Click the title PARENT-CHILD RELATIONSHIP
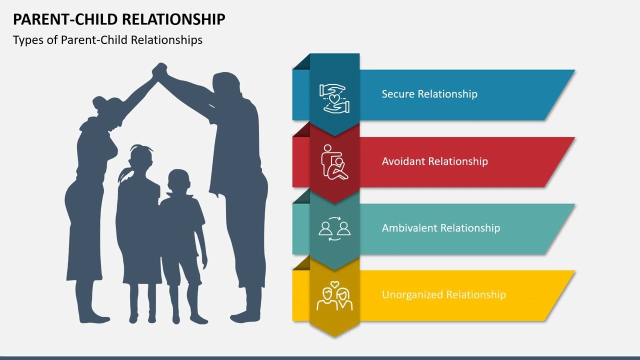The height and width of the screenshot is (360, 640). click(x=119, y=19)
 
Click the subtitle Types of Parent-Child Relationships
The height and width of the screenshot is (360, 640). click(x=107, y=40)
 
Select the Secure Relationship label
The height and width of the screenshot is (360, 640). click(x=429, y=94)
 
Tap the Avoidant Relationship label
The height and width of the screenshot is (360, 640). click(x=434, y=161)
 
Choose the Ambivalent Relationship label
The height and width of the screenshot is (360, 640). click(x=440, y=228)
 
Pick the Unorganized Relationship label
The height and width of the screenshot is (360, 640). click(x=443, y=294)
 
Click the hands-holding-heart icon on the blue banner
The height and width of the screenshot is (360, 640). click(x=334, y=98)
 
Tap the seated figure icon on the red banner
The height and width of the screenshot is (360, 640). click(x=334, y=162)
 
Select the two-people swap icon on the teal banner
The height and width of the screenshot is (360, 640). click(x=334, y=228)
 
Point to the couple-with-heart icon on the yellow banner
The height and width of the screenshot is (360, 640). click(x=334, y=295)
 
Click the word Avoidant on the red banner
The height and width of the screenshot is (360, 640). click(x=403, y=161)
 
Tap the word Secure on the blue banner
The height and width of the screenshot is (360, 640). click(x=398, y=94)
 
